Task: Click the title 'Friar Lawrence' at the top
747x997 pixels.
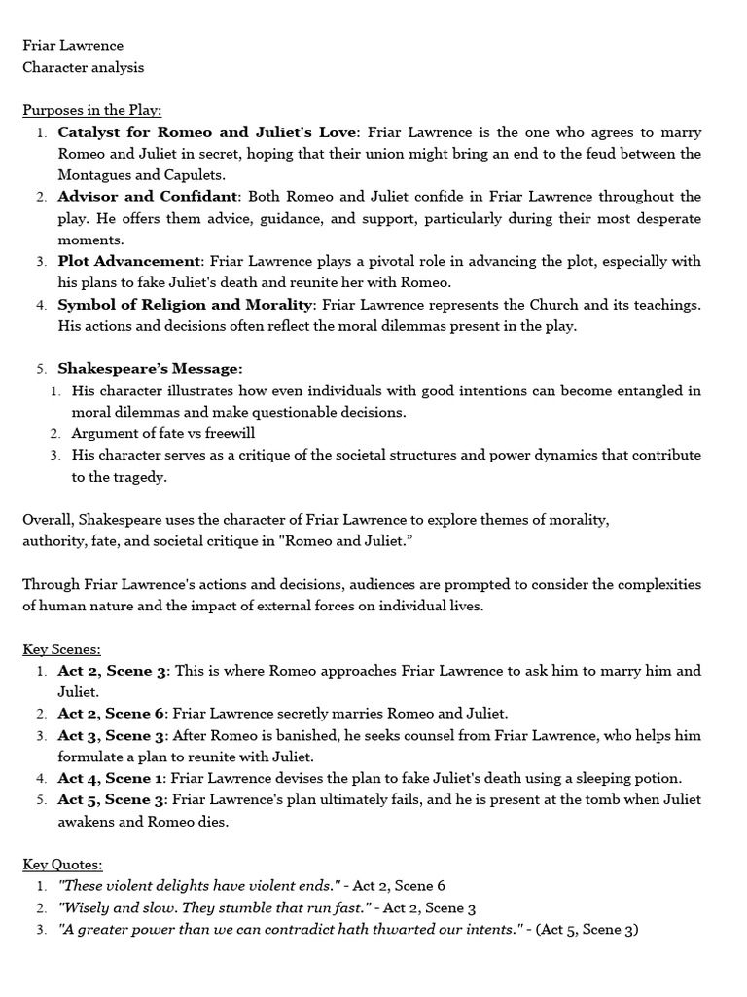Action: [x=73, y=46]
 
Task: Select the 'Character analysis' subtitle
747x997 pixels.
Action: [x=84, y=67]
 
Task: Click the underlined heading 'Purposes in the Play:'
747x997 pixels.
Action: [x=92, y=110]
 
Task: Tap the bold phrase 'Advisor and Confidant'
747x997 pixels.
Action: [x=148, y=197]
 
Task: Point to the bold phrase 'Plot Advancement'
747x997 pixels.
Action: [x=128, y=261]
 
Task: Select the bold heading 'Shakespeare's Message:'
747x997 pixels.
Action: [x=150, y=369]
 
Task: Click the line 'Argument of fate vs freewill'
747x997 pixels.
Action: [x=163, y=433]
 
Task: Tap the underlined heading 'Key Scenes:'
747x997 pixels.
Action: [x=62, y=649]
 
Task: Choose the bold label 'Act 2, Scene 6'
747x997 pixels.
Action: [x=113, y=714]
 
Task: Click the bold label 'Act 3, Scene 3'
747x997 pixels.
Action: [x=113, y=735]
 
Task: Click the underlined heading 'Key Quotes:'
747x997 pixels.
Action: [x=63, y=864]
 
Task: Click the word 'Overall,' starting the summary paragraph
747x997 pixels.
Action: [x=48, y=520]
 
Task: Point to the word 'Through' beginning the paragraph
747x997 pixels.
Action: [x=51, y=584]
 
